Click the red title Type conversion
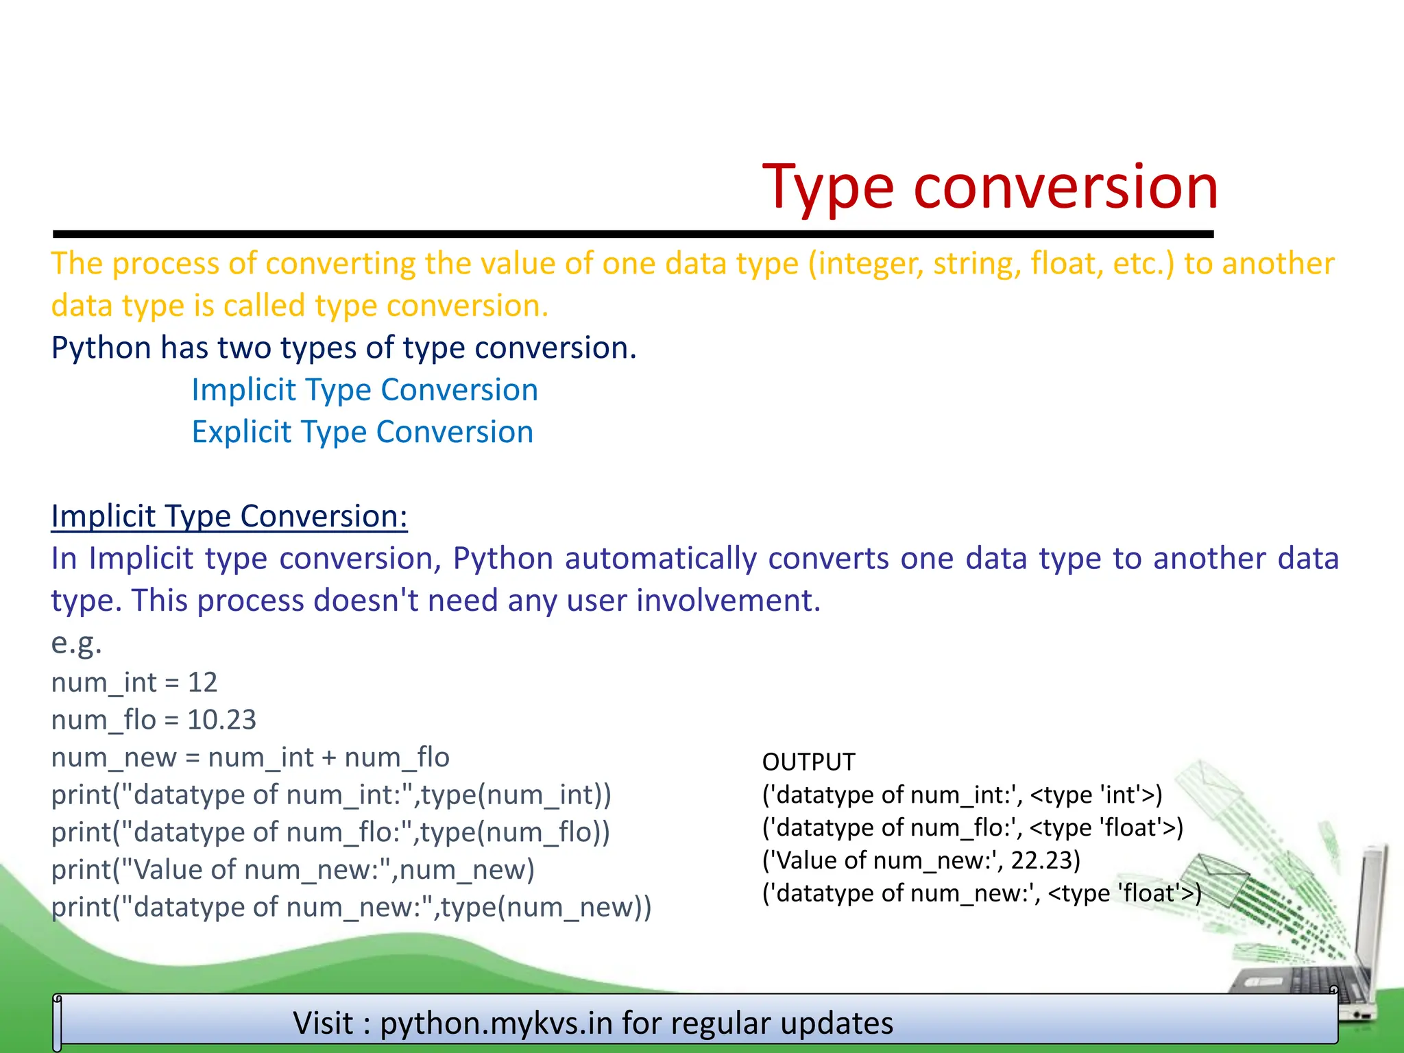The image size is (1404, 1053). pyautogui.click(x=990, y=186)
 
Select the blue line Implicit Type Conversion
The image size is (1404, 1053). pyautogui.click(x=364, y=390)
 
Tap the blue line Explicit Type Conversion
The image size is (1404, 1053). pyautogui.click(x=362, y=433)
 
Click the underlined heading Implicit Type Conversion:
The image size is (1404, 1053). pyautogui.click(x=229, y=516)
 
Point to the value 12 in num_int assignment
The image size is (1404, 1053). pyautogui.click(x=202, y=683)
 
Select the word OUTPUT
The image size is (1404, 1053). pyautogui.click(x=808, y=762)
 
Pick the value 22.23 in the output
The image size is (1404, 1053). pyautogui.click(x=1044, y=860)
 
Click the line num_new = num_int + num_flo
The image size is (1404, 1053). pyautogui.click(x=250, y=758)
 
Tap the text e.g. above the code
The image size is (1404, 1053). pyautogui.click(x=76, y=643)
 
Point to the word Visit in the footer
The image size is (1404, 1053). pyautogui.click(x=323, y=1024)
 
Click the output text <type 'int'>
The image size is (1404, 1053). pyautogui.click(x=1096, y=795)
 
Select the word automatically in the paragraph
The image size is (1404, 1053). pyautogui.click(x=660, y=559)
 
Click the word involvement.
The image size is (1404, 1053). pyautogui.click(x=728, y=601)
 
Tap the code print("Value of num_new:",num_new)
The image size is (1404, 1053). pyautogui.click(x=293, y=870)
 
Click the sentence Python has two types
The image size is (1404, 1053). pyautogui.click(x=343, y=348)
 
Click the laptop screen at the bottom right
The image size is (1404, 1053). pyautogui.click(x=1368, y=912)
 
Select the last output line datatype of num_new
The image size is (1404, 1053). pyautogui.click(x=982, y=893)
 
